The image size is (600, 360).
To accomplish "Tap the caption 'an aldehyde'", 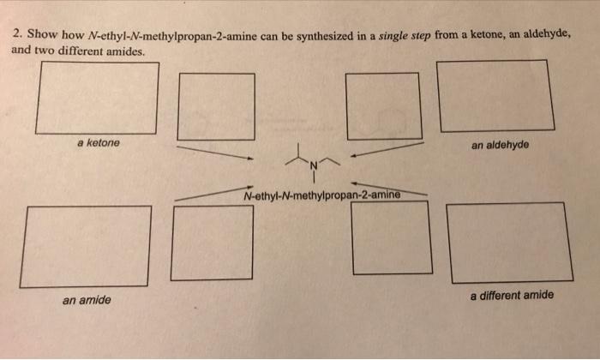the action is tap(500, 144).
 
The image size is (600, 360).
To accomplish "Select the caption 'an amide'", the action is tap(87, 300).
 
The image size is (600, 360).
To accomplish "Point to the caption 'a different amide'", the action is tap(512, 295).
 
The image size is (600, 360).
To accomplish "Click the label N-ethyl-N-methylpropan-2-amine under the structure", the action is tap(323, 194).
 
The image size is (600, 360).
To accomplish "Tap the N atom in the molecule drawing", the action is tap(314, 165).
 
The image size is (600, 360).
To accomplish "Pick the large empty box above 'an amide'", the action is tap(86, 246).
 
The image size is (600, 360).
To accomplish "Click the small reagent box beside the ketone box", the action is tap(216, 105).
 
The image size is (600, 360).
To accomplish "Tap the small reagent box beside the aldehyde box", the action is tap(382, 105).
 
